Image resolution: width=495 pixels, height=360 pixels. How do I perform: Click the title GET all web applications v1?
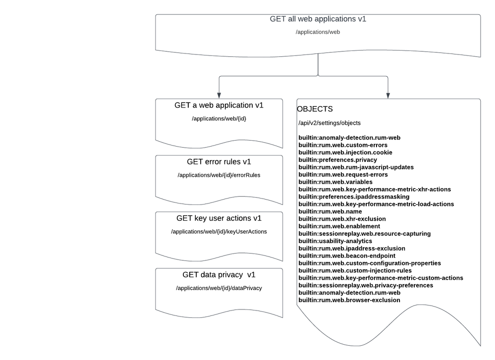318,19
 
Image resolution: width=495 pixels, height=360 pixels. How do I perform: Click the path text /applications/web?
318,32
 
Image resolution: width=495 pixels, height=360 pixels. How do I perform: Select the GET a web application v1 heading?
219,105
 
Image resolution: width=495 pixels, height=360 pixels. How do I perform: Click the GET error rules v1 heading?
219,161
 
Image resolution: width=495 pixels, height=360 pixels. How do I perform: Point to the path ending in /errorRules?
219,175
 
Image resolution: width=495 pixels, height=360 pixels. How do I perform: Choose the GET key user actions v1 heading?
219,218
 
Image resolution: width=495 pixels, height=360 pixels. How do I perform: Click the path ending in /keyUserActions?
219,231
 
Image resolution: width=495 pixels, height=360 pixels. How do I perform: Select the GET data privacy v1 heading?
219,274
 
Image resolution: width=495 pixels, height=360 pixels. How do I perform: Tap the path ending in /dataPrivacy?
219,288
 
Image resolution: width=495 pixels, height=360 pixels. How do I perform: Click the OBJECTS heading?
315,109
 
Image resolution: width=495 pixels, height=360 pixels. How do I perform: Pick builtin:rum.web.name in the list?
330,211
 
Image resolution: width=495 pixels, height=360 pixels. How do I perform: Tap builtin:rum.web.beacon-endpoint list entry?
347,256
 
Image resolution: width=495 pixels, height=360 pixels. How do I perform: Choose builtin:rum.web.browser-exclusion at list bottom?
349,300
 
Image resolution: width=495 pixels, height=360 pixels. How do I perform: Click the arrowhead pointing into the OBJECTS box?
388,95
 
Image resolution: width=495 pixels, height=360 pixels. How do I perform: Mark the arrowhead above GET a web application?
219,95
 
